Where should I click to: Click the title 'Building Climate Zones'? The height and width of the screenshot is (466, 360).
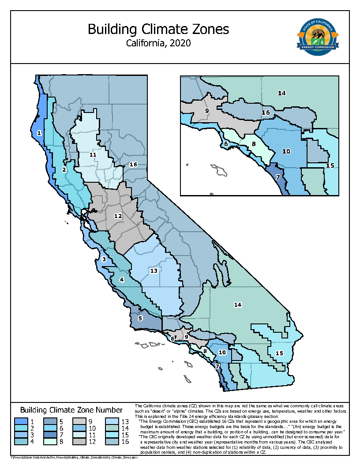tap(158, 29)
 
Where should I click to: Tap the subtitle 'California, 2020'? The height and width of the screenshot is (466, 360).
tap(158, 43)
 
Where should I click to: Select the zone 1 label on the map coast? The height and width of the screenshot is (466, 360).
tap(39, 132)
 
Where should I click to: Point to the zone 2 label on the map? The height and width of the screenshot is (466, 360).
tap(64, 169)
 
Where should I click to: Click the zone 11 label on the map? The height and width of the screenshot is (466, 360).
tap(93, 154)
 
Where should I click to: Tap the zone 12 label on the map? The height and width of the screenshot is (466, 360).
tap(118, 216)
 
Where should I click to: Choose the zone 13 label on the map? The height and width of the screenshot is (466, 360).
tap(154, 271)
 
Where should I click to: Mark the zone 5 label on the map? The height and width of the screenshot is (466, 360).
tap(140, 318)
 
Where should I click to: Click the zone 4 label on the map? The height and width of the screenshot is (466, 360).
tap(122, 279)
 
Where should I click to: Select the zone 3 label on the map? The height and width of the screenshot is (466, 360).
tap(104, 259)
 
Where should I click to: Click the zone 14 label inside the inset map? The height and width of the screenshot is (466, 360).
tap(281, 93)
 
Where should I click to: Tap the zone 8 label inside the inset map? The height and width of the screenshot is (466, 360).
tap(254, 143)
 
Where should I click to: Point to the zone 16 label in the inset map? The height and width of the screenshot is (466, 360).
tap(266, 113)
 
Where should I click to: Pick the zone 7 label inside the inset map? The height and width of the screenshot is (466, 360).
tap(278, 177)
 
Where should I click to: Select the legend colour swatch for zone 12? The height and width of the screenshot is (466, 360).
tap(80, 441)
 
